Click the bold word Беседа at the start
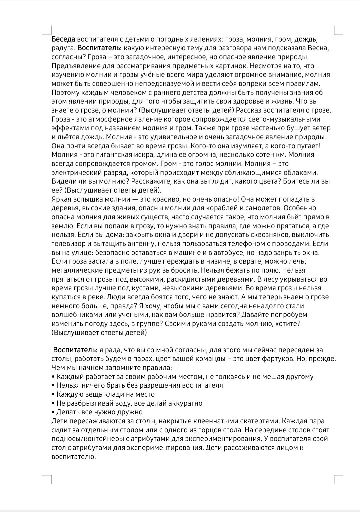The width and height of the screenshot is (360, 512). [x=63, y=39]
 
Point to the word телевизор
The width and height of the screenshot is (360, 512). [x=68, y=244]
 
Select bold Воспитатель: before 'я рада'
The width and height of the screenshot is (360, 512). [x=76, y=350]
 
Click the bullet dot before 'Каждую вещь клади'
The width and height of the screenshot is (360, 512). [x=53, y=395]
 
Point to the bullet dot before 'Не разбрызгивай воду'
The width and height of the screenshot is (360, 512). [x=53, y=403]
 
